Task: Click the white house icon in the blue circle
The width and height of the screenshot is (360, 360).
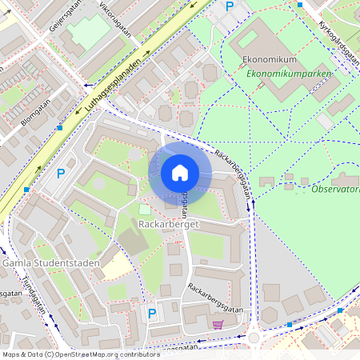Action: coord(179,173)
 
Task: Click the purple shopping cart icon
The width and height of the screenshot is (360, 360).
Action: coord(218,325)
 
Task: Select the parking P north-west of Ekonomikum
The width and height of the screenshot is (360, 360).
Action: coord(230,6)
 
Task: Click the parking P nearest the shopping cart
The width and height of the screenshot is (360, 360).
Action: coord(151,314)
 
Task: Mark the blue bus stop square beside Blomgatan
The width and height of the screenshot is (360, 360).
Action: coord(59,127)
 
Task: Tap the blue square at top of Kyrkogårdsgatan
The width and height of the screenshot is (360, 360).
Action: coord(300,5)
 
